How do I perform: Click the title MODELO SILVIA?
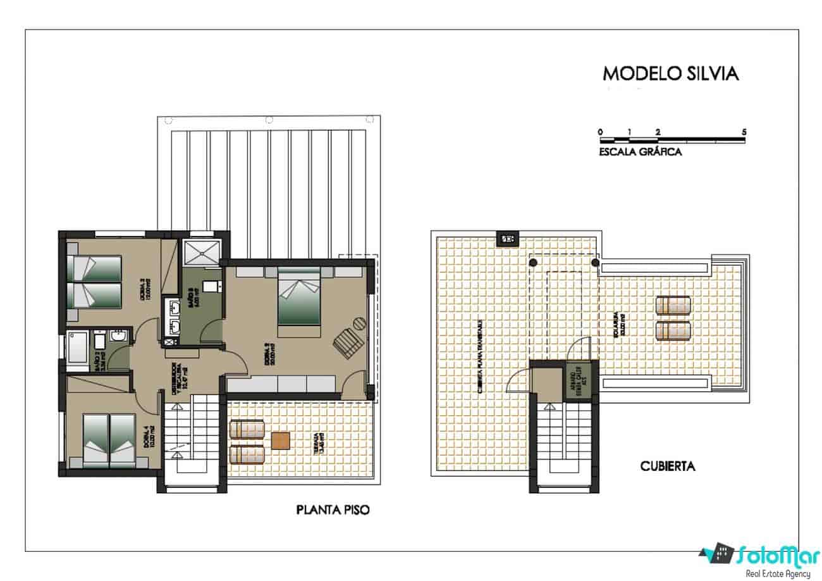point(670,73)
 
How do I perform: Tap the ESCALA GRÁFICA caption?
point(640,152)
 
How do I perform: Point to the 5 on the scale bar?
point(744,132)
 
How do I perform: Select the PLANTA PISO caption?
point(333,509)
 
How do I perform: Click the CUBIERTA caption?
point(668,466)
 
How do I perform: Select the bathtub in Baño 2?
point(78,350)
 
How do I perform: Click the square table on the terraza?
point(281,440)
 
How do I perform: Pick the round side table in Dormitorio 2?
point(359,323)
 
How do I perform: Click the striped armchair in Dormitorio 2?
point(347,344)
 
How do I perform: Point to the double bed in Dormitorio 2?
point(298,296)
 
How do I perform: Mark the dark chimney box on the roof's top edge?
point(506,239)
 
